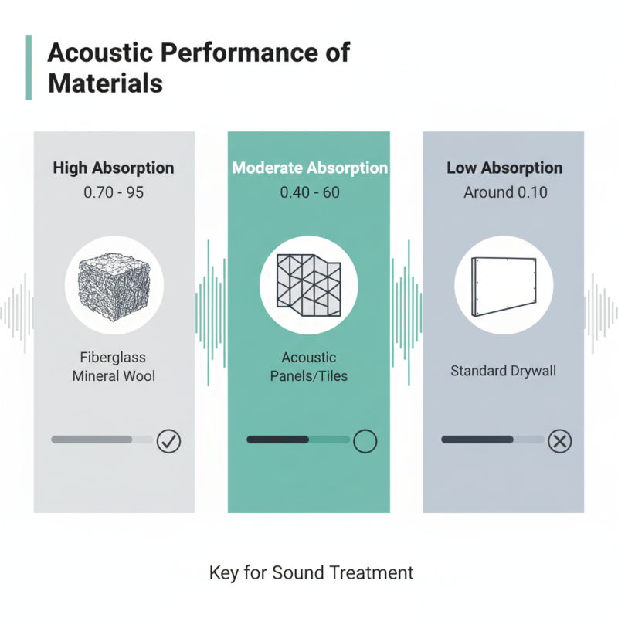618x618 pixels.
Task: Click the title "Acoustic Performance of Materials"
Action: (x=199, y=67)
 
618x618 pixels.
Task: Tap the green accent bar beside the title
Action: (x=29, y=67)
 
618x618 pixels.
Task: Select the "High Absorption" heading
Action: (x=114, y=168)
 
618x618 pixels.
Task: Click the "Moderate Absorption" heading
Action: (x=310, y=168)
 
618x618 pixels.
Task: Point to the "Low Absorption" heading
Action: (x=504, y=168)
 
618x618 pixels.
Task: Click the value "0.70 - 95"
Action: (x=114, y=192)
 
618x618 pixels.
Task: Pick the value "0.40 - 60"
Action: (x=310, y=192)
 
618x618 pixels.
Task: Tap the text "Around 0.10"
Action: (x=504, y=192)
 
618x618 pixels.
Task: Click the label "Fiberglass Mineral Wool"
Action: (x=114, y=367)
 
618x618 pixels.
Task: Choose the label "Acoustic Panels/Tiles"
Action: (x=309, y=367)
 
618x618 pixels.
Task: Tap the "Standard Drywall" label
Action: (x=504, y=372)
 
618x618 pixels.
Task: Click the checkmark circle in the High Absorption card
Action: (x=168, y=441)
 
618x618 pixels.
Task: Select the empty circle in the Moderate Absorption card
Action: (x=365, y=441)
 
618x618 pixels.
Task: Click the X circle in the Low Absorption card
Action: (x=560, y=441)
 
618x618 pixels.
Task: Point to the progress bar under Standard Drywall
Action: (x=492, y=440)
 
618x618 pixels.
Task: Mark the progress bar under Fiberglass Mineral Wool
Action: (x=102, y=440)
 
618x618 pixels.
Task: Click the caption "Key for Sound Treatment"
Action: (x=311, y=573)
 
